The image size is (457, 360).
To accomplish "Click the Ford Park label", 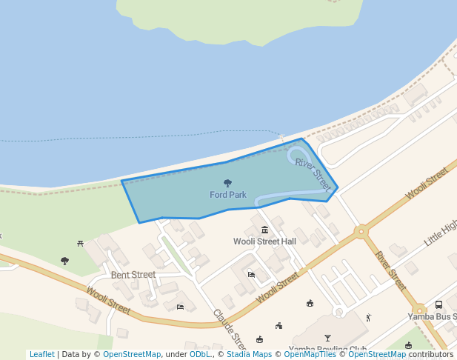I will coord(227,195).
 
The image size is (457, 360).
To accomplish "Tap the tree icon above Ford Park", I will coord(227,183).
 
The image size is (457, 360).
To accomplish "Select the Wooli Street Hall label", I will coord(264,241).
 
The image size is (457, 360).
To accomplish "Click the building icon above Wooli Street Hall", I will coord(264,230).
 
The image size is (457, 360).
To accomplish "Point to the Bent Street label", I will coord(133,275).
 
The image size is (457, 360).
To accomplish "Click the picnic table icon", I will coord(80,243).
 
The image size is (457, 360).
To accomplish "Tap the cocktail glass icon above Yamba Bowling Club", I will coord(328,338).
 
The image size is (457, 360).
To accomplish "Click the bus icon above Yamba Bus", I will coord(439,304).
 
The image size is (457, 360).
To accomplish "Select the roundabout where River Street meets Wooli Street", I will coord(361,232).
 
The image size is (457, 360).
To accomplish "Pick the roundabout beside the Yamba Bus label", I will coord(419,310).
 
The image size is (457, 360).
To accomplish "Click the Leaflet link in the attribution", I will coord(41,354).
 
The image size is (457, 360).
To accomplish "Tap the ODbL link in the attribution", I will coord(200,354).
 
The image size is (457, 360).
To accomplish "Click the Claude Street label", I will coord(229,329).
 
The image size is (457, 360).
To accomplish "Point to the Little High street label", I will coord(441,233).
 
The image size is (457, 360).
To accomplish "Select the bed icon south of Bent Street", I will coord(180,307).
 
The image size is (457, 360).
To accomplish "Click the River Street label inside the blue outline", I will coord(313,174).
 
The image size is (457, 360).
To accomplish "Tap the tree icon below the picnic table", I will coord(65,261).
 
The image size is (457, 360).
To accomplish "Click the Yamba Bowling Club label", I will coord(328,350).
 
